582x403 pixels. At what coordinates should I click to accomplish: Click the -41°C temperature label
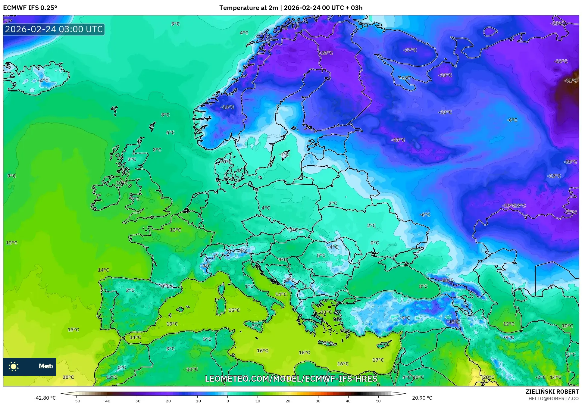click(x=570, y=81)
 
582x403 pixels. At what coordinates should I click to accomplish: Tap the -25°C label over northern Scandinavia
click(x=327, y=53)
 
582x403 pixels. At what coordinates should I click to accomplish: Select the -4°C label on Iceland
click(x=43, y=81)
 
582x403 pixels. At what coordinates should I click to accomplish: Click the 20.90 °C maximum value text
click(x=422, y=398)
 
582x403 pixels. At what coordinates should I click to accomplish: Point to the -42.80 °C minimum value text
click(x=45, y=398)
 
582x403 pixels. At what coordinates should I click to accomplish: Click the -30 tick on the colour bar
click(x=137, y=401)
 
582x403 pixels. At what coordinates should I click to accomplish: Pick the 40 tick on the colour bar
click(x=348, y=401)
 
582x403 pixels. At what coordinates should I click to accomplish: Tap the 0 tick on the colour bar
click(x=228, y=401)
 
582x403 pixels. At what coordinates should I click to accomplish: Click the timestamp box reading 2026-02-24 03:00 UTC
click(x=54, y=30)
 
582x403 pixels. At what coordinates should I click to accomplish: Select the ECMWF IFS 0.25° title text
click(x=30, y=8)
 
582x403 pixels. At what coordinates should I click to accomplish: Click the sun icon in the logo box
click(x=14, y=367)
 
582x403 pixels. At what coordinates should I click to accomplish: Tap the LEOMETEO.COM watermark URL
click(x=291, y=379)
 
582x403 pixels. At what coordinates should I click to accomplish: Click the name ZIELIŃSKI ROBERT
click(x=552, y=392)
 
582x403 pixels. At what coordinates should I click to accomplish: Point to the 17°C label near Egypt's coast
click(x=378, y=360)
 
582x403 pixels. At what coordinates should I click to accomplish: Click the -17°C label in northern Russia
click(x=410, y=50)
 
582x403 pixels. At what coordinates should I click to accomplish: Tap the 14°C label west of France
click(x=103, y=270)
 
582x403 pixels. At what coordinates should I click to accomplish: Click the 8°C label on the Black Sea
click(x=423, y=286)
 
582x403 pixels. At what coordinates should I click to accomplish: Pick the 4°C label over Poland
click(x=266, y=208)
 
